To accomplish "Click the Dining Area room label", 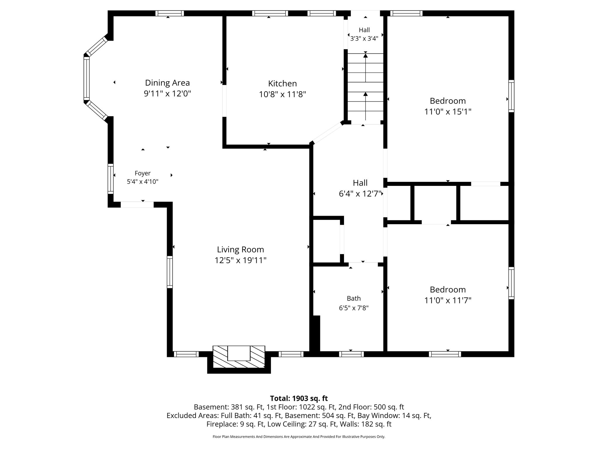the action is click(x=167, y=83).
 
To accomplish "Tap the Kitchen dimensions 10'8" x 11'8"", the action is click(x=282, y=94).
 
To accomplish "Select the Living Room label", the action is click(x=240, y=250).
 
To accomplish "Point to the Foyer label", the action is click(x=142, y=173).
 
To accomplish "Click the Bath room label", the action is click(x=354, y=298).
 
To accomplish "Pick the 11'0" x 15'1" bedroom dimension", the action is click(x=448, y=112).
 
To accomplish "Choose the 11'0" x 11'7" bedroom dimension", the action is click(x=448, y=300).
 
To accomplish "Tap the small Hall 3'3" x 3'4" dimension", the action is click(x=364, y=38).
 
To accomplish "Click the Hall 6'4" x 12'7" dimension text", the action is click(x=360, y=194).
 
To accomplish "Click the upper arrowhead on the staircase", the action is click(x=365, y=55).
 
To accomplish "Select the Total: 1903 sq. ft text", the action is click(x=299, y=398).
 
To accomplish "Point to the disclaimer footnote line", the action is click(x=299, y=437).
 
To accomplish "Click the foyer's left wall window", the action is click(x=110, y=179).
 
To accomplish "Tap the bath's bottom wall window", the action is click(x=351, y=354).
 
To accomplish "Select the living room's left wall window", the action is click(x=170, y=272).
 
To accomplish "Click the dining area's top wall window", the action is click(x=170, y=13).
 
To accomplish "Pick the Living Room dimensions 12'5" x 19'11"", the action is click(x=240, y=260).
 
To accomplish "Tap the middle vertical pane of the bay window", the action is click(x=86, y=78).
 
